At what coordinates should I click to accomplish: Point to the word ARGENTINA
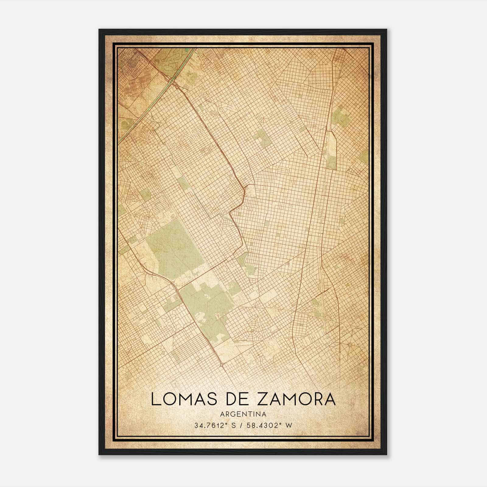pos(243,414)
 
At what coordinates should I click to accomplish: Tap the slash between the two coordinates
pos(243,426)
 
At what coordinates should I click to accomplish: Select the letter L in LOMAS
pos(156,399)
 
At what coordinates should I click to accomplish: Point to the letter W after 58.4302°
pos(289,426)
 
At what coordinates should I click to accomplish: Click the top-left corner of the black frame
pos(100,30)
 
